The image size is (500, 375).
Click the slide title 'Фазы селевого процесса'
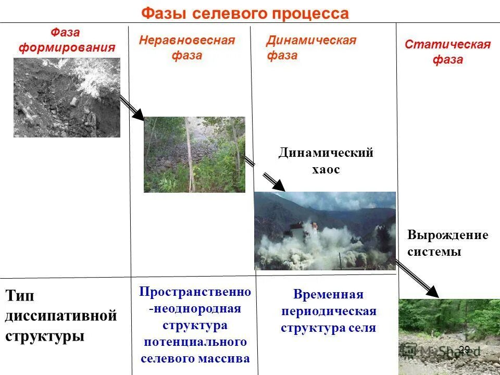coord(245,13)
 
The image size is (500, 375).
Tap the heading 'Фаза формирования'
coord(66,40)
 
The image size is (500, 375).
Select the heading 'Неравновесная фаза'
coord(186,48)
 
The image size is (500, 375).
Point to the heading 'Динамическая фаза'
coord(311,48)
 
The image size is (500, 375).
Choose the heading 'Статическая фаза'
coord(447,52)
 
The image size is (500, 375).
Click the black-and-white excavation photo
coord(67,97)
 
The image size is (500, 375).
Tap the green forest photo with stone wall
coord(194,155)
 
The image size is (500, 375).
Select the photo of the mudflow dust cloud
coord(324,231)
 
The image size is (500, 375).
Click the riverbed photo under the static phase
coord(448,336)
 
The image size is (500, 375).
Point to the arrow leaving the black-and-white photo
coord(132,108)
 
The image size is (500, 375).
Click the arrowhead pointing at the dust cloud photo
coord(278,185)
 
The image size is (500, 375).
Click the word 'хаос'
coord(326,169)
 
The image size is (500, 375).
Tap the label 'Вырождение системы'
coord(447,243)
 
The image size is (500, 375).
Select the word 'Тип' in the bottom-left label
coord(21,295)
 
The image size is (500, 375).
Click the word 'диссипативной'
coord(61,316)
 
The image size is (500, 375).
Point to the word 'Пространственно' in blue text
coord(195,292)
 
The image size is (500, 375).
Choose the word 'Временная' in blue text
coord(328,295)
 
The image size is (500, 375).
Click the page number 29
coord(464,350)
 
